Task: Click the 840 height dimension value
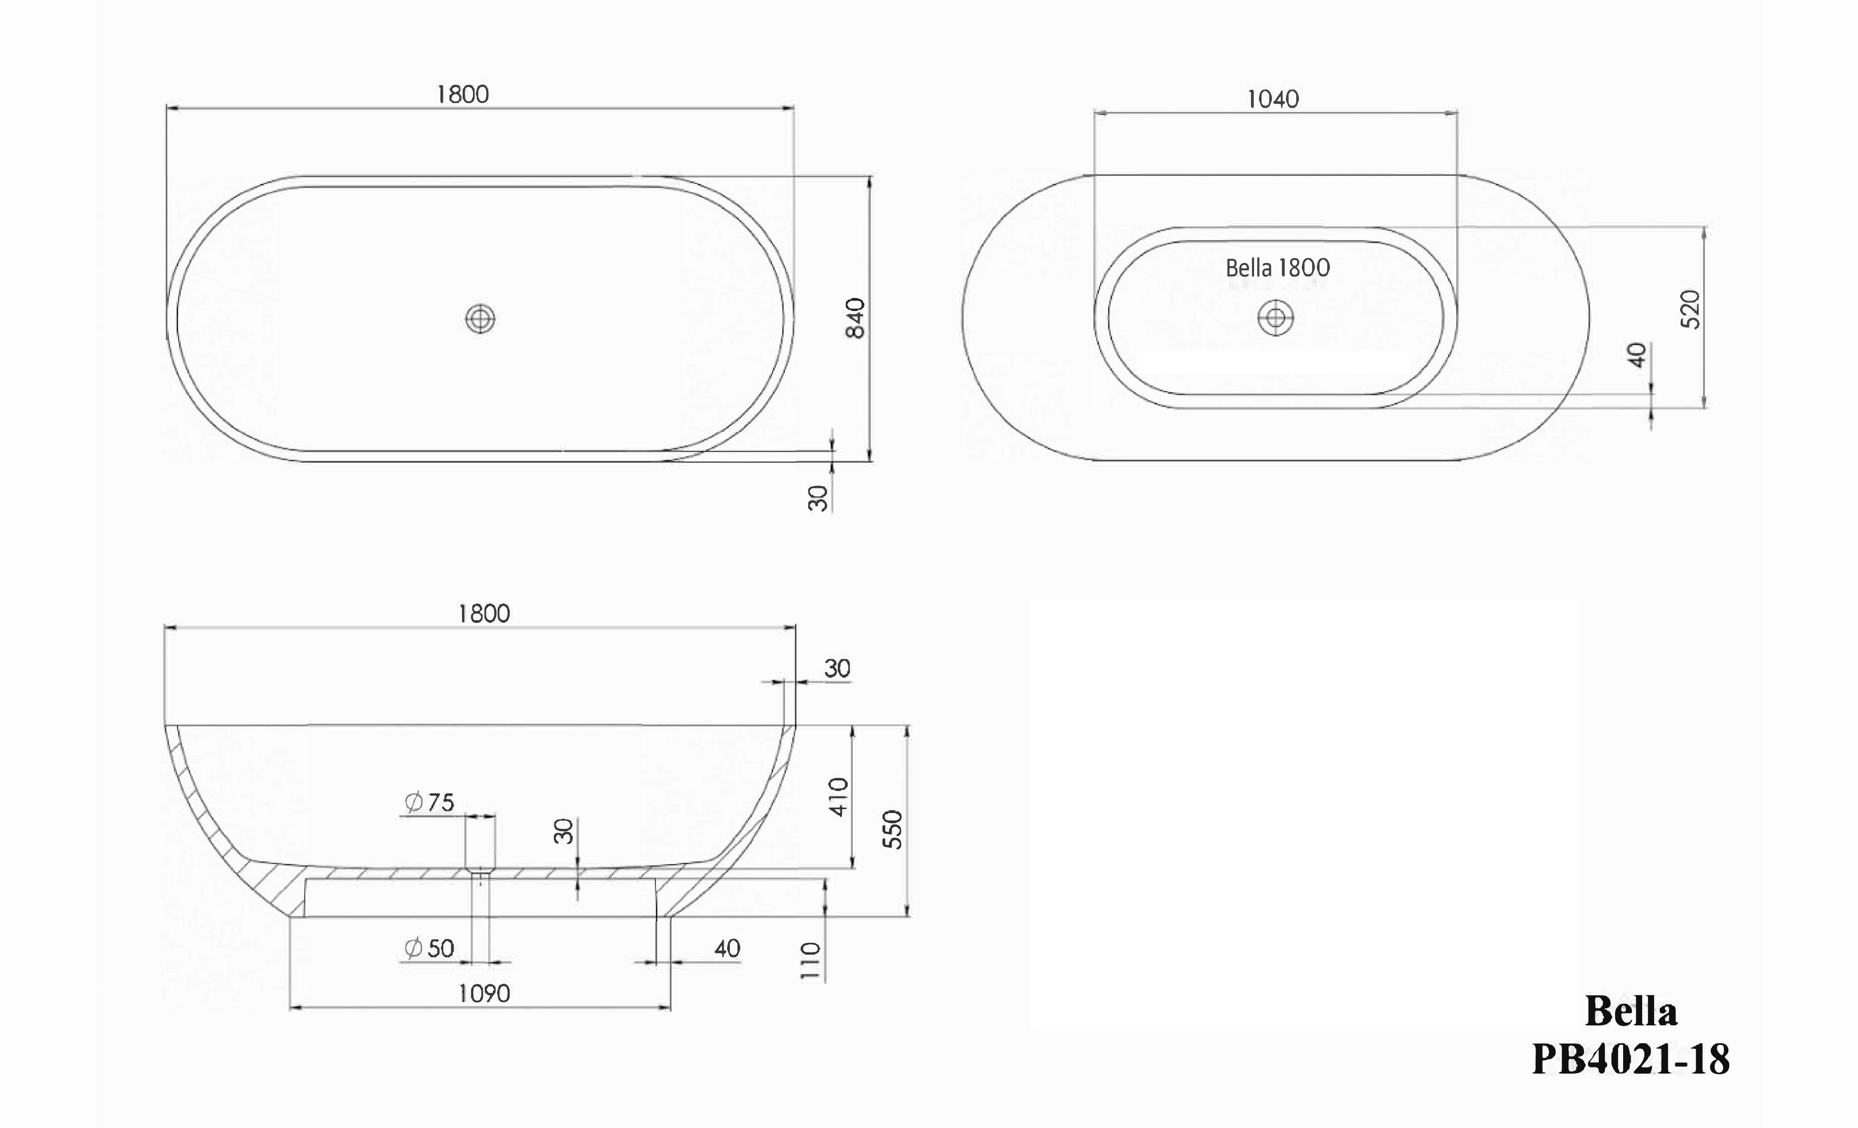855,318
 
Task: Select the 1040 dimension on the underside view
1273,99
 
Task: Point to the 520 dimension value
1691,309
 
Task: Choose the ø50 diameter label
430,948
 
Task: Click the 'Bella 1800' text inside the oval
1278,268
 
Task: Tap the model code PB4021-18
1630,1059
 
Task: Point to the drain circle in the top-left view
480,319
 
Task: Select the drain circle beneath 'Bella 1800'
1275,318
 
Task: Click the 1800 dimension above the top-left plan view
463,94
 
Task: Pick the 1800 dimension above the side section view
484,614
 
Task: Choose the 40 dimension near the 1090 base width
727,948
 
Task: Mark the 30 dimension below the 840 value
818,498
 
